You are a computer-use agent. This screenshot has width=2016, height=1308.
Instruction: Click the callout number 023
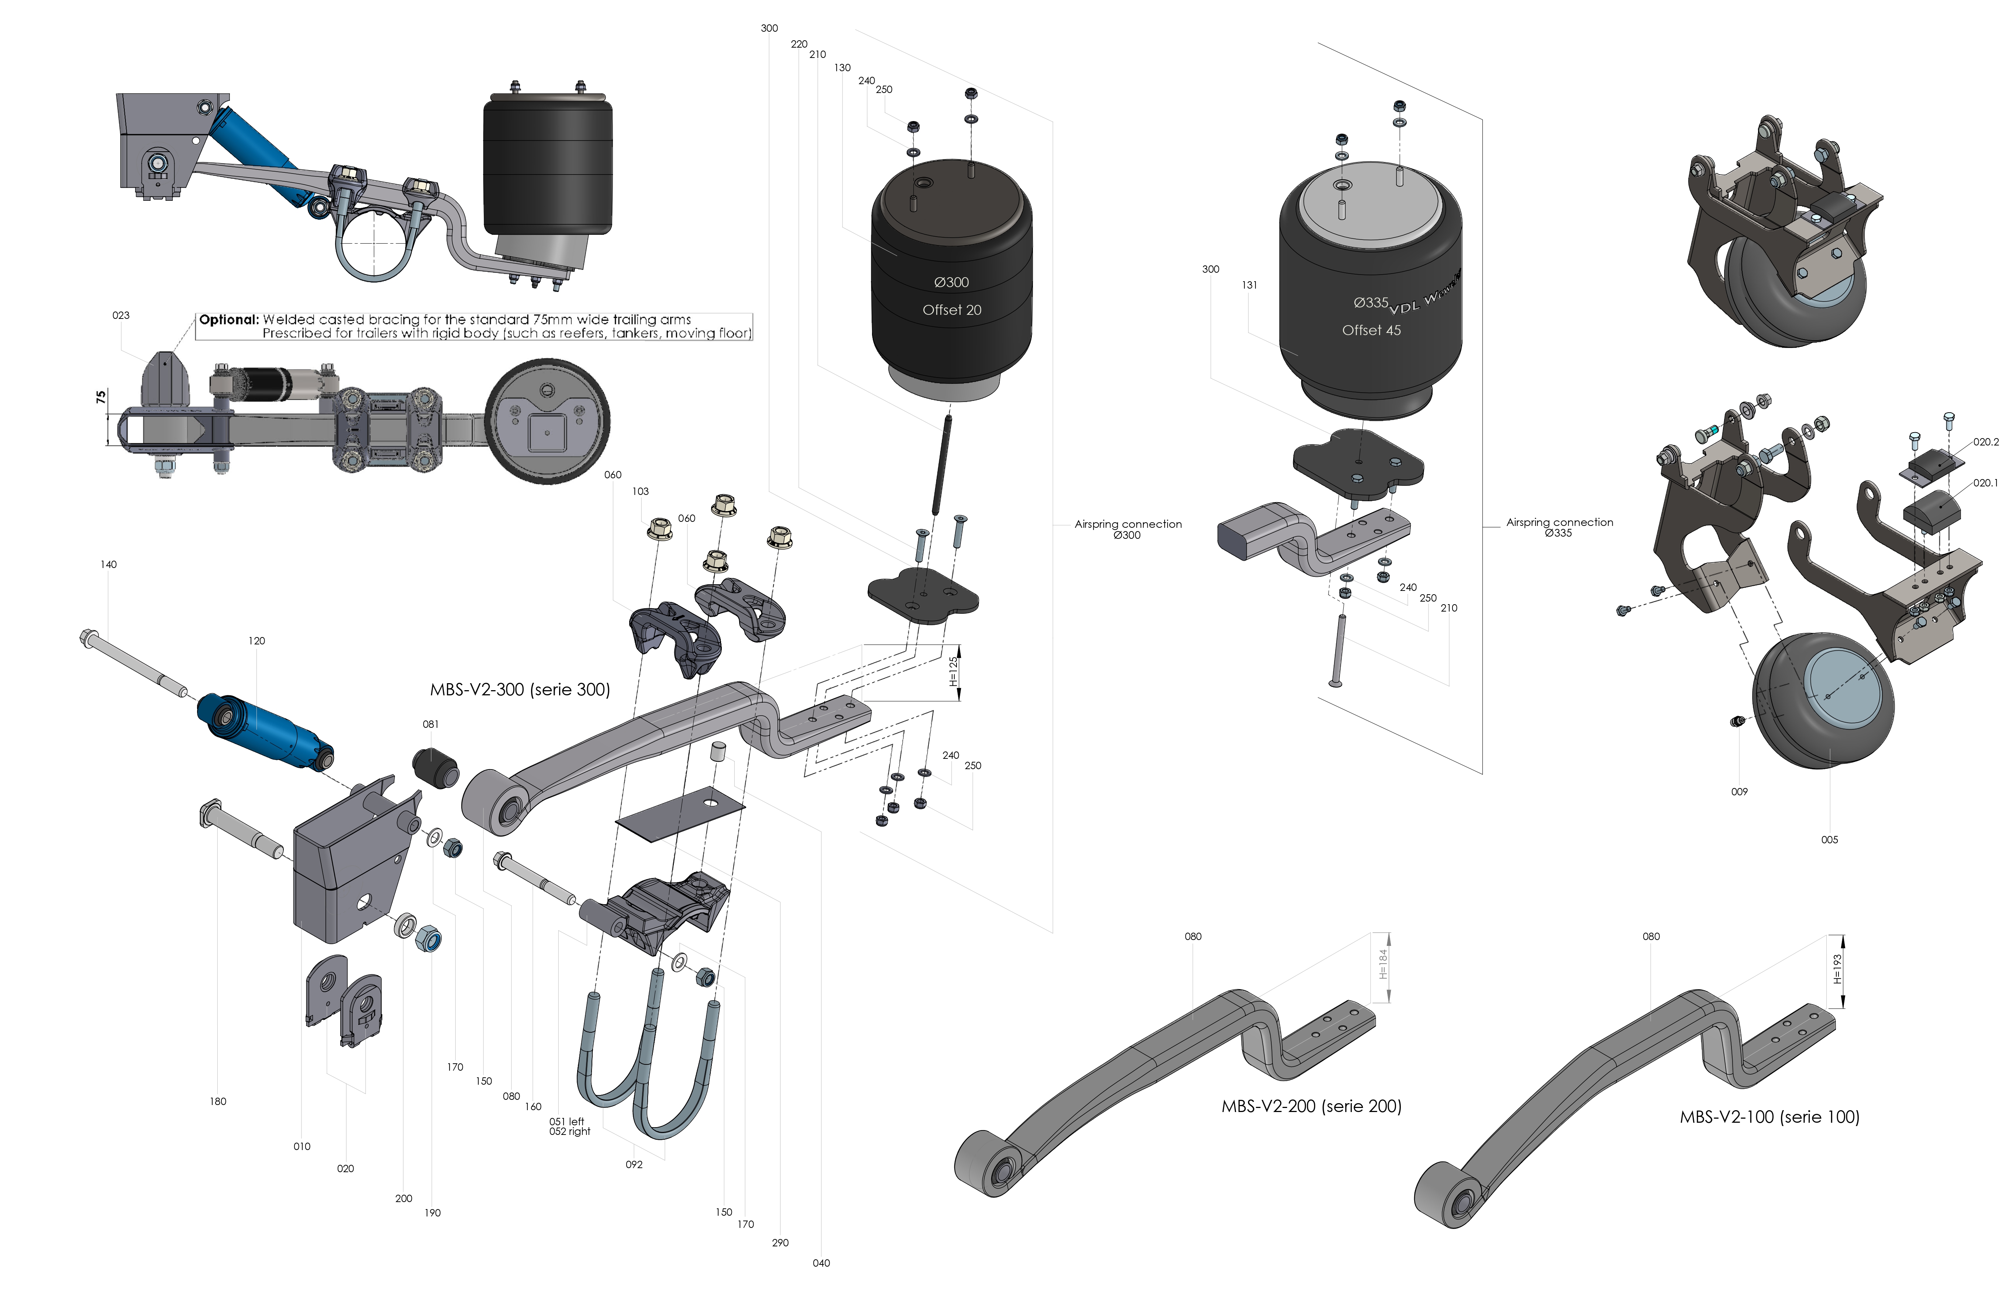click(x=121, y=315)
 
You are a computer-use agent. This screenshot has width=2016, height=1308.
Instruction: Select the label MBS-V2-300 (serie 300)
click(x=519, y=689)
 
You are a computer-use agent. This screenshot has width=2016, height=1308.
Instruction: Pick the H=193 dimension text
click(x=1836, y=969)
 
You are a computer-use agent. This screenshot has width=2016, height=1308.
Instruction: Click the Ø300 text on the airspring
click(x=951, y=282)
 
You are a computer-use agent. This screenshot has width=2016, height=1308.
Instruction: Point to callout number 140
click(x=108, y=564)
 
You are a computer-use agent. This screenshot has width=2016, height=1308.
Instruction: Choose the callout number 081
click(x=430, y=724)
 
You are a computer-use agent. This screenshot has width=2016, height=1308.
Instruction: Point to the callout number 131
click(x=1250, y=286)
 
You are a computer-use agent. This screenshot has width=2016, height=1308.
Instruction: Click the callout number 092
click(x=634, y=1164)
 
